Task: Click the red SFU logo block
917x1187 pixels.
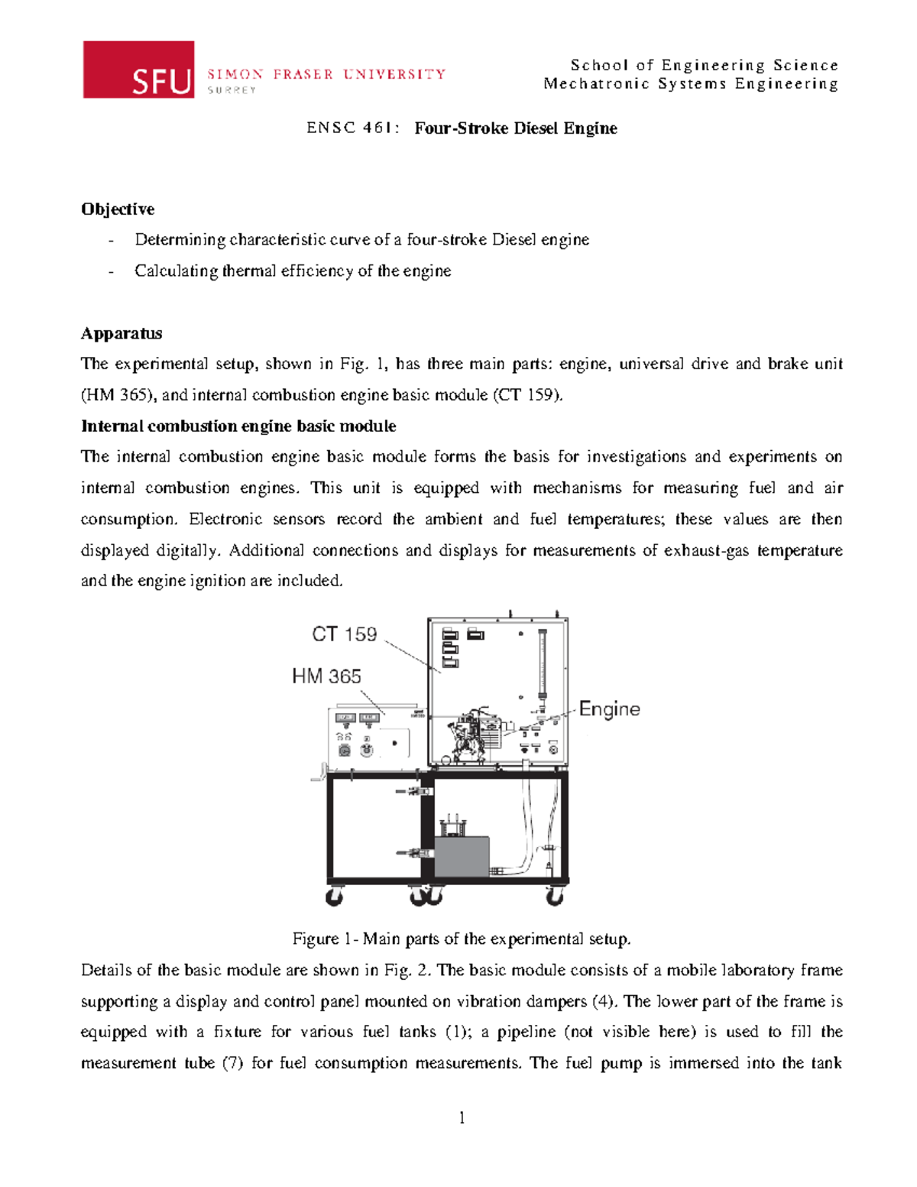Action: (138, 70)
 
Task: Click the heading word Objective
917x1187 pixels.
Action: (118, 209)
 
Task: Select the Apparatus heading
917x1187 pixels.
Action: (122, 333)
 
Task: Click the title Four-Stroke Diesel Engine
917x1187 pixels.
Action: (516, 128)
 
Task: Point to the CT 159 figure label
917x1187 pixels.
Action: (345, 634)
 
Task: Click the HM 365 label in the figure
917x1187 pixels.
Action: (326, 676)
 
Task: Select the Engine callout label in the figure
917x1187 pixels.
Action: (609, 709)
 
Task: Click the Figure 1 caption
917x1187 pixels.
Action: (462, 939)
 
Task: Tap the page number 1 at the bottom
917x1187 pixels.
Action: (462, 1118)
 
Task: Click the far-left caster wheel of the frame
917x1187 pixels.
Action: (334, 897)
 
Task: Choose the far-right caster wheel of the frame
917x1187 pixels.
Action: (555, 897)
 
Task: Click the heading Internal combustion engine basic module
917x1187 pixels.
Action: (238, 426)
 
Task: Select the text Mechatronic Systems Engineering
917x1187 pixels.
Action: (691, 84)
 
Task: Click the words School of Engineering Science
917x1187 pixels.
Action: (704, 66)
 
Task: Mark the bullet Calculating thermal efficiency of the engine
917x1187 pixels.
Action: (293, 271)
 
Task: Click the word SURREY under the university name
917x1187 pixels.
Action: (232, 90)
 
